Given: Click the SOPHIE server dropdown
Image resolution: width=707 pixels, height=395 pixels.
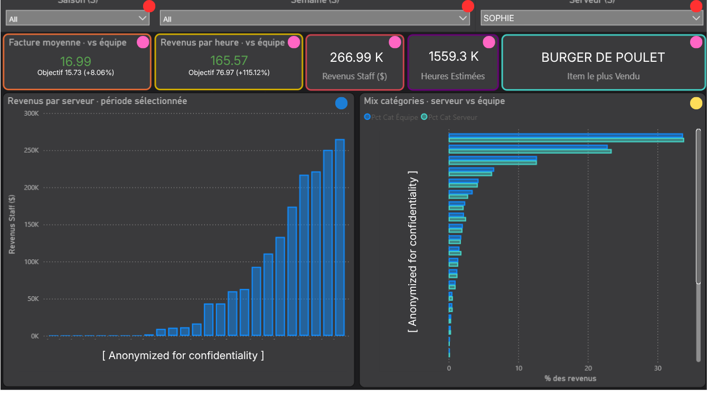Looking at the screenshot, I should pyautogui.click(x=591, y=18).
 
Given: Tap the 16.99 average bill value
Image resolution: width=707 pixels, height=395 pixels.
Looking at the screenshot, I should pyautogui.click(x=76, y=61).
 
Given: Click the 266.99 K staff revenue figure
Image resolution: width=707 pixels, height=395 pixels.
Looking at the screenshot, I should pyautogui.click(x=354, y=57).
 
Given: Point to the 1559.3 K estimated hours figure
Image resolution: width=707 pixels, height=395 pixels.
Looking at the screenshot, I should pyautogui.click(x=453, y=56).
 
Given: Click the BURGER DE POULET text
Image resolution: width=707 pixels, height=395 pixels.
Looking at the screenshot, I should pyautogui.click(x=603, y=58).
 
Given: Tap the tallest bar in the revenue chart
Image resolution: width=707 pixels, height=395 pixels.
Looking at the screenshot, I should pyautogui.click(x=340, y=238).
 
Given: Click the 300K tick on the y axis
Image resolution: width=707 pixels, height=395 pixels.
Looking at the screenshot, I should pyautogui.click(x=32, y=114).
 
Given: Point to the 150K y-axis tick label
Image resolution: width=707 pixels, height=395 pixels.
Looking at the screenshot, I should pyautogui.click(x=32, y=225).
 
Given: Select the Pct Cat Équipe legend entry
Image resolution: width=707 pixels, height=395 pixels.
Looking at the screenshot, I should pyautogui.click(x=391, y=117).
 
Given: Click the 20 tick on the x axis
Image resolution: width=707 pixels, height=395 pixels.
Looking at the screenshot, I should pyautogui.click(x=588, y=369).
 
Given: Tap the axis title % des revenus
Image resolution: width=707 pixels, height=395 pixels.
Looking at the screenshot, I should pyautogui.click(x=570, y=378).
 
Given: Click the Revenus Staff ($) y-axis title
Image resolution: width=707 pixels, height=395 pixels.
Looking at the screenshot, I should pyautogui.click(x=12, y=224).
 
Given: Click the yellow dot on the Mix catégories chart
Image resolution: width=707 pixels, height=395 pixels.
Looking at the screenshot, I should pyautogui.click(x=696, y=104).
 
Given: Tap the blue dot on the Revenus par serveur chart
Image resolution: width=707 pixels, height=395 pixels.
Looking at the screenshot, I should pyautogui.click(x=342, y=104).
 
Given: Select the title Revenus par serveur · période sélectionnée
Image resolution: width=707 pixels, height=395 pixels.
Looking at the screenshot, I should pyautogui.click(x=97, y=101).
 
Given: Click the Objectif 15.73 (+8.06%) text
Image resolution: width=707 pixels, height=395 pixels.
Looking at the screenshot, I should pyautogui.click(x=76, y=72).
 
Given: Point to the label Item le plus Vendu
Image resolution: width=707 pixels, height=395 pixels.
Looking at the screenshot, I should pyautogui.click(x=603, y=77).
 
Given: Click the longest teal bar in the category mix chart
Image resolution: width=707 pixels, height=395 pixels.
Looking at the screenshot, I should pyautogui.click(x=566, y=140).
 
